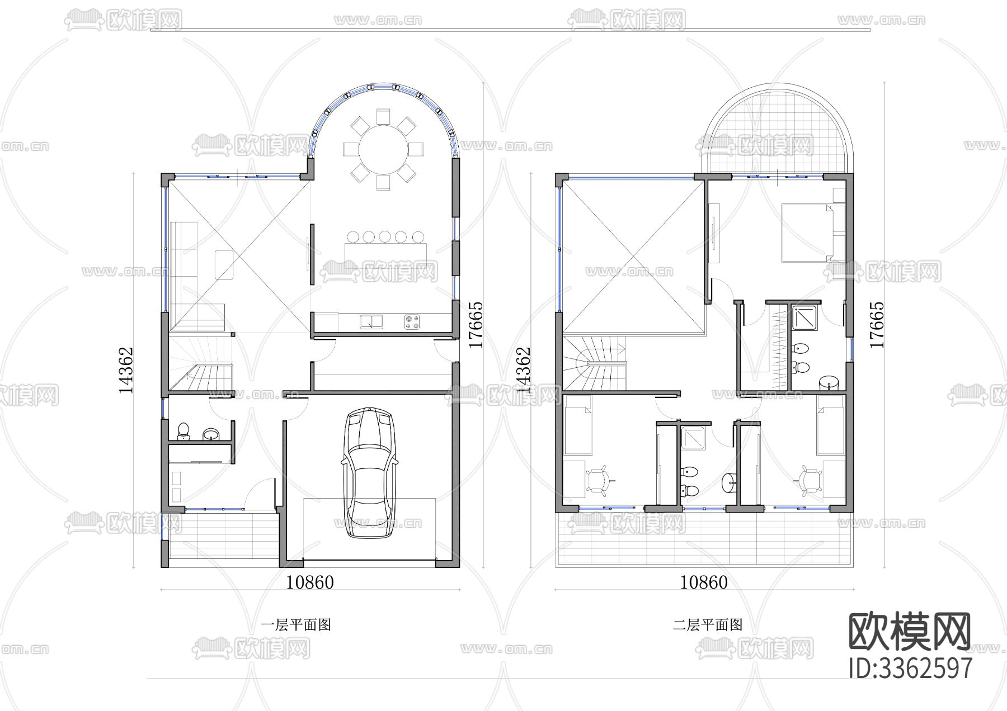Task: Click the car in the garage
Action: coord(369,473)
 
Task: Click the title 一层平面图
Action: coord(297,624)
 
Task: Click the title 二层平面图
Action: coord(707,624)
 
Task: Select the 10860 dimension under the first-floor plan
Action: coord(310,582)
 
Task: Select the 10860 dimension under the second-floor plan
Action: coord(704,582)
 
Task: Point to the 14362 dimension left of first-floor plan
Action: coord(126,370)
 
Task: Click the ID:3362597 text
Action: coord(910,668)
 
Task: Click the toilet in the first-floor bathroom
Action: coord(183,432)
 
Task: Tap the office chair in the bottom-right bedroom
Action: coord(809,480)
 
